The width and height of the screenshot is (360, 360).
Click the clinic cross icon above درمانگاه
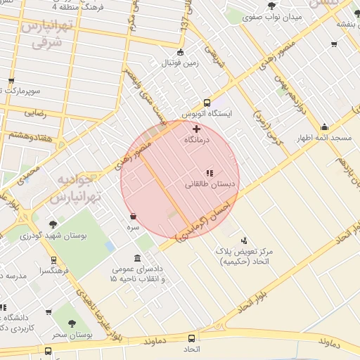point(196,129)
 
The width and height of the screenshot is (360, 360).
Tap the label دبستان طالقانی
point(210,185)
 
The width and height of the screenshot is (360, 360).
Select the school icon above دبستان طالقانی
point(209,173)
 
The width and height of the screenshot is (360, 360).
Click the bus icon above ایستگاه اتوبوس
point(207,102)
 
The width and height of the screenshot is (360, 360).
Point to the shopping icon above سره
point(133,216)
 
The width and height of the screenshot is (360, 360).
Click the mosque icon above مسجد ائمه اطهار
point(324,127)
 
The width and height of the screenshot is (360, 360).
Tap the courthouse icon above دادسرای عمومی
point(136,257)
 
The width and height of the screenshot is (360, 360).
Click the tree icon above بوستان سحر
point(72,323)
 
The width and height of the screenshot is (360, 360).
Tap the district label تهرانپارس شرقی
point(46,34)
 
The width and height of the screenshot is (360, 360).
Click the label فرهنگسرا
point(54,270)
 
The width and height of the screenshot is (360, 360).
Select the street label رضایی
point(35,112)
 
